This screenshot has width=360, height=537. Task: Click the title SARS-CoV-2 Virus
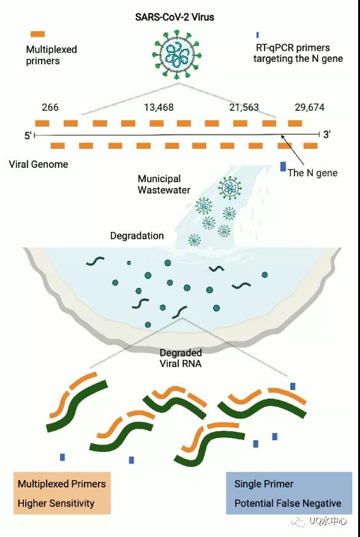[174, 17]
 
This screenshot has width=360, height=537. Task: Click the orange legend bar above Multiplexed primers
[38, 34]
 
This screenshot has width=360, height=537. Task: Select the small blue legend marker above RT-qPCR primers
[258, 34]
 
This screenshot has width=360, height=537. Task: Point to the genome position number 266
[50, 108]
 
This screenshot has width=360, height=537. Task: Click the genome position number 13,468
[159, 108]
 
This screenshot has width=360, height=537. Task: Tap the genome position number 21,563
[244, 108]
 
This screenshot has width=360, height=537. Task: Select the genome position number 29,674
[310, 108]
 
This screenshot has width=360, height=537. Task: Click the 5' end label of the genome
[28, 135]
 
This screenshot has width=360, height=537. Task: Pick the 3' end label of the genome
[327, 135]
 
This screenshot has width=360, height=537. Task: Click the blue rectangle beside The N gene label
[283, 167]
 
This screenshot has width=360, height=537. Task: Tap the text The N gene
[312, 173]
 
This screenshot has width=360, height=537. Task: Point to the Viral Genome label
[39, 164]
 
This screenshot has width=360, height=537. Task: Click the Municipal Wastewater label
[163, 184]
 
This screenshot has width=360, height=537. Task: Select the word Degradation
[137, 236]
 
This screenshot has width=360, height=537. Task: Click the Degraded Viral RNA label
[181, 358]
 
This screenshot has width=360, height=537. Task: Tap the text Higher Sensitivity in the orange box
[56, 503]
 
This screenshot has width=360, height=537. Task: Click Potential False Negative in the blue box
[288, 503]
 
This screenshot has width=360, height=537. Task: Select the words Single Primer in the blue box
[264, 484]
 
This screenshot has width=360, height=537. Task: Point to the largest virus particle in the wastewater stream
[230, 188]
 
